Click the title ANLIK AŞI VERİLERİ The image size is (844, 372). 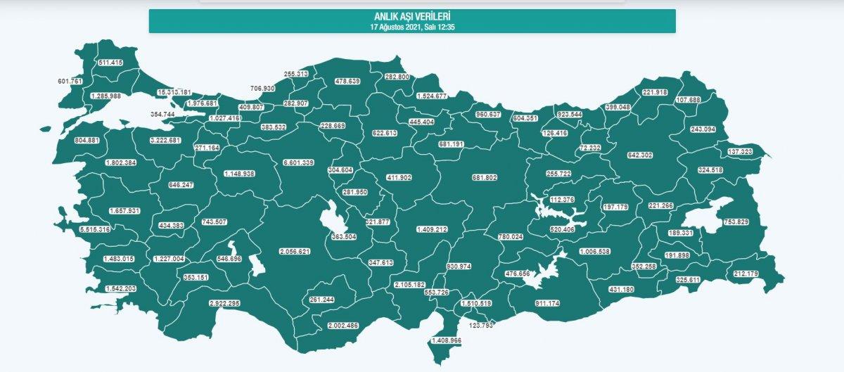point(412,17)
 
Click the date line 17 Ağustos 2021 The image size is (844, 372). point(412,26)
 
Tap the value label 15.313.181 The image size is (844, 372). point(174,93)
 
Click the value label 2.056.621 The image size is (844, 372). point(295,252)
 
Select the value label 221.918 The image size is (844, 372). point(654,92)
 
